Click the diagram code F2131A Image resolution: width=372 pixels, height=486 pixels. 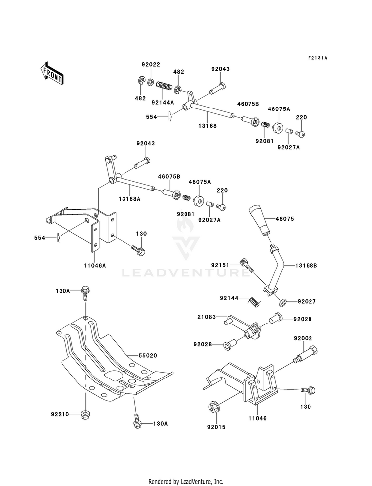click(x=318, y=58)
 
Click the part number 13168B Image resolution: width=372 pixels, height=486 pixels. click(x=306, y=266)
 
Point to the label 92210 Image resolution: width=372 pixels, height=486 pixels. click(x=60, y=414)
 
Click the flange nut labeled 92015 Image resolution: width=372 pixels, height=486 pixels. click(x=213, y=407)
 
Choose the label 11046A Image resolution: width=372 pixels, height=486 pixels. click(x=95, y=265)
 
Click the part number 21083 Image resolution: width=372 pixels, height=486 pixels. click(x=206, y=317)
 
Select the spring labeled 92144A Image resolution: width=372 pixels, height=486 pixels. click(x=163, y=86)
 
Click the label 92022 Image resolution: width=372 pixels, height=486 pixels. click(x=151, y=65)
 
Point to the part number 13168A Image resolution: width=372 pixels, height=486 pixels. click(x=129, y=199)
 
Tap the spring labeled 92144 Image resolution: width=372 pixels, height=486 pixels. click(x=254, y=301)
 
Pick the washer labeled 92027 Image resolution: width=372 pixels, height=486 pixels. click(x=283, y=301)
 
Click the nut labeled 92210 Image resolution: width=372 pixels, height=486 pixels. click(x=84, y=414)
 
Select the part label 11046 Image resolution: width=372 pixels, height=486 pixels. click(x=257, y=418)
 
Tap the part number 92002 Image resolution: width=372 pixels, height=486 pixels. click(x=303, y=339)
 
